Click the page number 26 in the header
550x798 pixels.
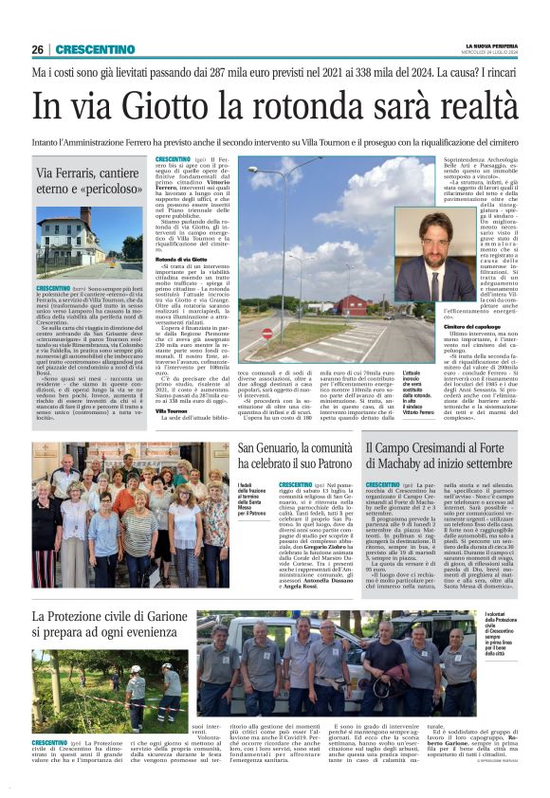click(x=38, y=49)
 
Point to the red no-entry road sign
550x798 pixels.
click(x=267, y=334)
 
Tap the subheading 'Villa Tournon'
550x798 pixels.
click(x=173, y=411)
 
